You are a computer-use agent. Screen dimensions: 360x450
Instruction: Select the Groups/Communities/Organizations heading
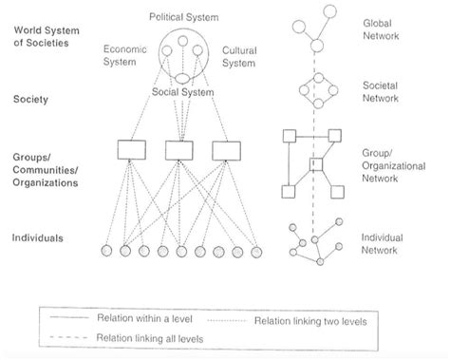(x=53, y=168)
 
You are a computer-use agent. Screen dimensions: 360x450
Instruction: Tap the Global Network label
(x=382, y=29)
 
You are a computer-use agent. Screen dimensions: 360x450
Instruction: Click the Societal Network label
(x=382, y=90)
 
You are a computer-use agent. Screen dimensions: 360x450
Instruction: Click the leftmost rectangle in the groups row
(x=129, y=149)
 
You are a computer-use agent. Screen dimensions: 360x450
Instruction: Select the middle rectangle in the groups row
(x=178, y=149)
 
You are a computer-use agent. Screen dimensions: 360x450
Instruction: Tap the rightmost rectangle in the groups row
(x=224, y=149)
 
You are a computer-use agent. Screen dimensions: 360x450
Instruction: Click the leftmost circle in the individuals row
(x=106, y=251)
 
